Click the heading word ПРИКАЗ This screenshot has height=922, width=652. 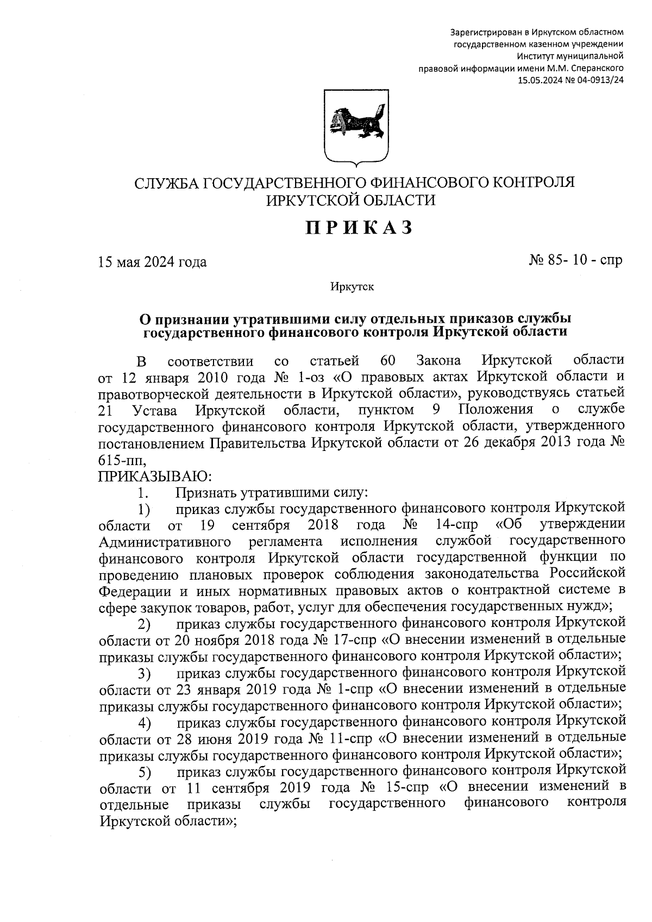tap(359, 228)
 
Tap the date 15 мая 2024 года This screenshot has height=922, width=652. tap(152, 262)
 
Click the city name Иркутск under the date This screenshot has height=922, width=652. tap(352, 287)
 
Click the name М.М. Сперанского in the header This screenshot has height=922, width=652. tap(590, 68)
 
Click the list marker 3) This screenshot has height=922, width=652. tap(144, 674)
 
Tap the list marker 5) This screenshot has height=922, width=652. tap(144, 773)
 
